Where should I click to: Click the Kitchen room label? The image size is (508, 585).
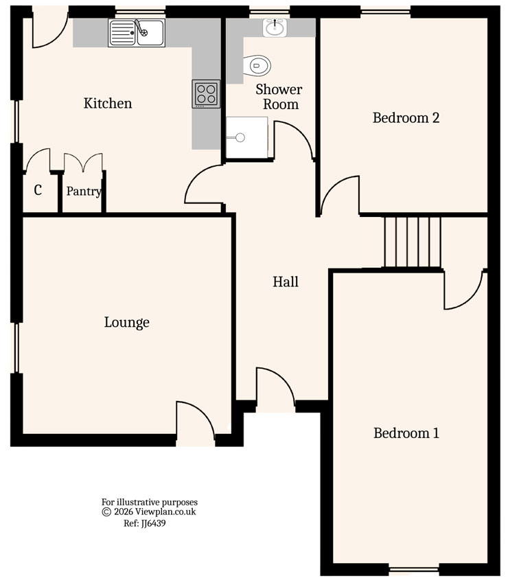point(108,104)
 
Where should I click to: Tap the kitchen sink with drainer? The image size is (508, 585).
point(136,32)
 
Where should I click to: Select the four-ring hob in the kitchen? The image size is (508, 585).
point(206,93)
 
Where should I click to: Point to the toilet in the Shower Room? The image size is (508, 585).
point(259,66)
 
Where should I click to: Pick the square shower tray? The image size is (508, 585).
point(246,137)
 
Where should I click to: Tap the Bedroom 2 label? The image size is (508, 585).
point(406,117)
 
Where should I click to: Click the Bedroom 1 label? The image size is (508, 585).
point(406,433)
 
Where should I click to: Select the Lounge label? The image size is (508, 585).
point(127,322)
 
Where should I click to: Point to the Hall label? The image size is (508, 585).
point(286,282)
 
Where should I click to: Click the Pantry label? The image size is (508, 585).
point(84,192)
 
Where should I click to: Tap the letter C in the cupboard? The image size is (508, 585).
point(38,190)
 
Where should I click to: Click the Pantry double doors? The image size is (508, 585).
point(84,163)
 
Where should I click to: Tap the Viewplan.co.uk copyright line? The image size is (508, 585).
point(149,512)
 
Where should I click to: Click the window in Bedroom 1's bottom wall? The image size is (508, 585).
point(414,569)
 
